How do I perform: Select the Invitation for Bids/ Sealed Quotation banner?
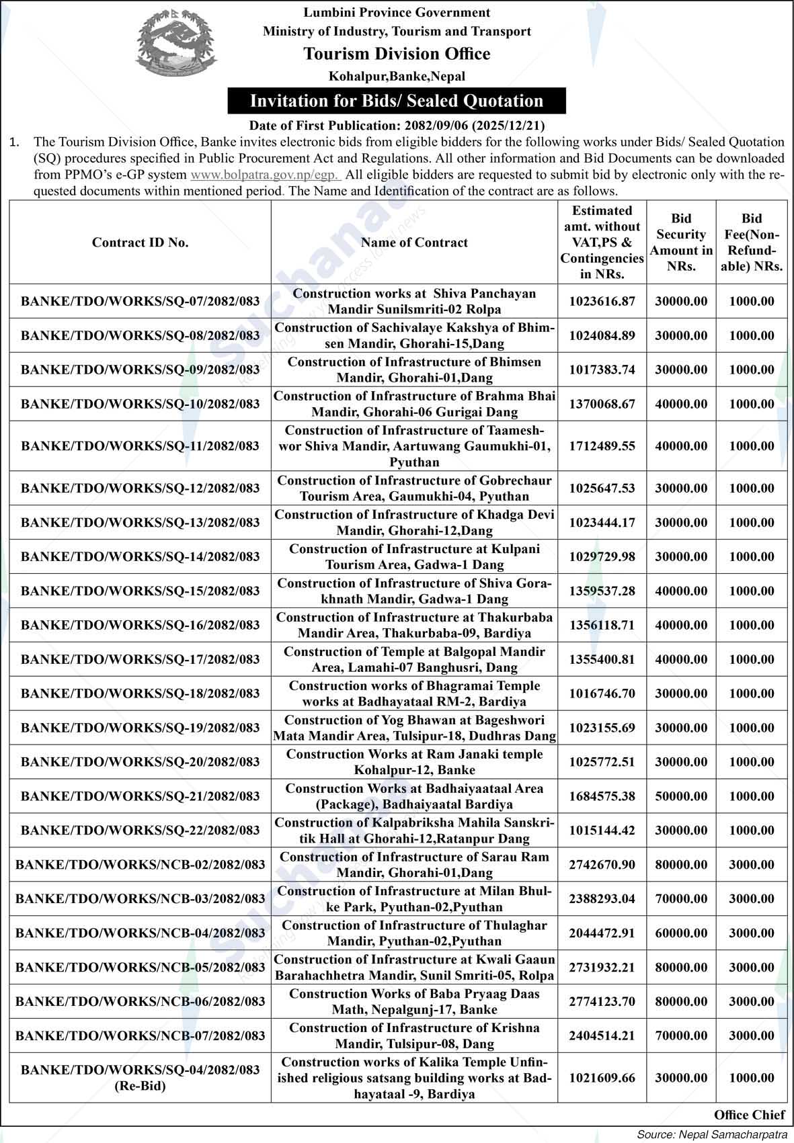397,101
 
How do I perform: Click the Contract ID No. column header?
140,243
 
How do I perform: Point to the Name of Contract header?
414,243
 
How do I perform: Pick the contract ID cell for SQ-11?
140,446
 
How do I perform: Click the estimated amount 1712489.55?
602,446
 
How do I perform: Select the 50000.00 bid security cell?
681,796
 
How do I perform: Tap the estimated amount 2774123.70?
602,1001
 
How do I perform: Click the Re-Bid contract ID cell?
140,1078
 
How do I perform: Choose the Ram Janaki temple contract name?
414,762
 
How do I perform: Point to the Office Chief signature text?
749,1115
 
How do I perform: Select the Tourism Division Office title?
397,54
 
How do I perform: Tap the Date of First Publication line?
397,125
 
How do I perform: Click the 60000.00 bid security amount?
681,933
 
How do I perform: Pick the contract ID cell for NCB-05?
140,967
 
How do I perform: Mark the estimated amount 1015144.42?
602,831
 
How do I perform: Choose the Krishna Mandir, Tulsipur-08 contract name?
414,1035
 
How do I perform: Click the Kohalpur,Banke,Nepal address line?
397,77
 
